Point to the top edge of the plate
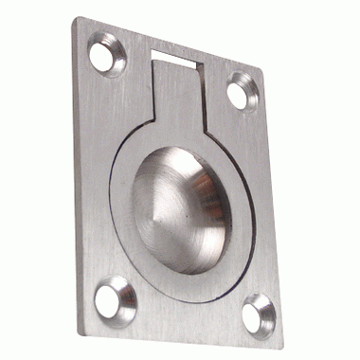click(171, 43)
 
